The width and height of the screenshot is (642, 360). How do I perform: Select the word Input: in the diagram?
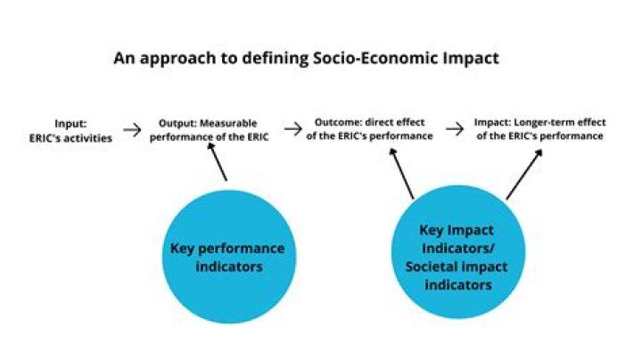point(70,125)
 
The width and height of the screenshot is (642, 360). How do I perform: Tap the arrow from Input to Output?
point(132,130)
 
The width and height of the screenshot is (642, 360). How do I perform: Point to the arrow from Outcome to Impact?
point(454,130)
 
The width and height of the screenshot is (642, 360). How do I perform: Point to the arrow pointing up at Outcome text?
point(402,174)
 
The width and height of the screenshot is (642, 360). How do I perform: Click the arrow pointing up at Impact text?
point(524,174)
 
